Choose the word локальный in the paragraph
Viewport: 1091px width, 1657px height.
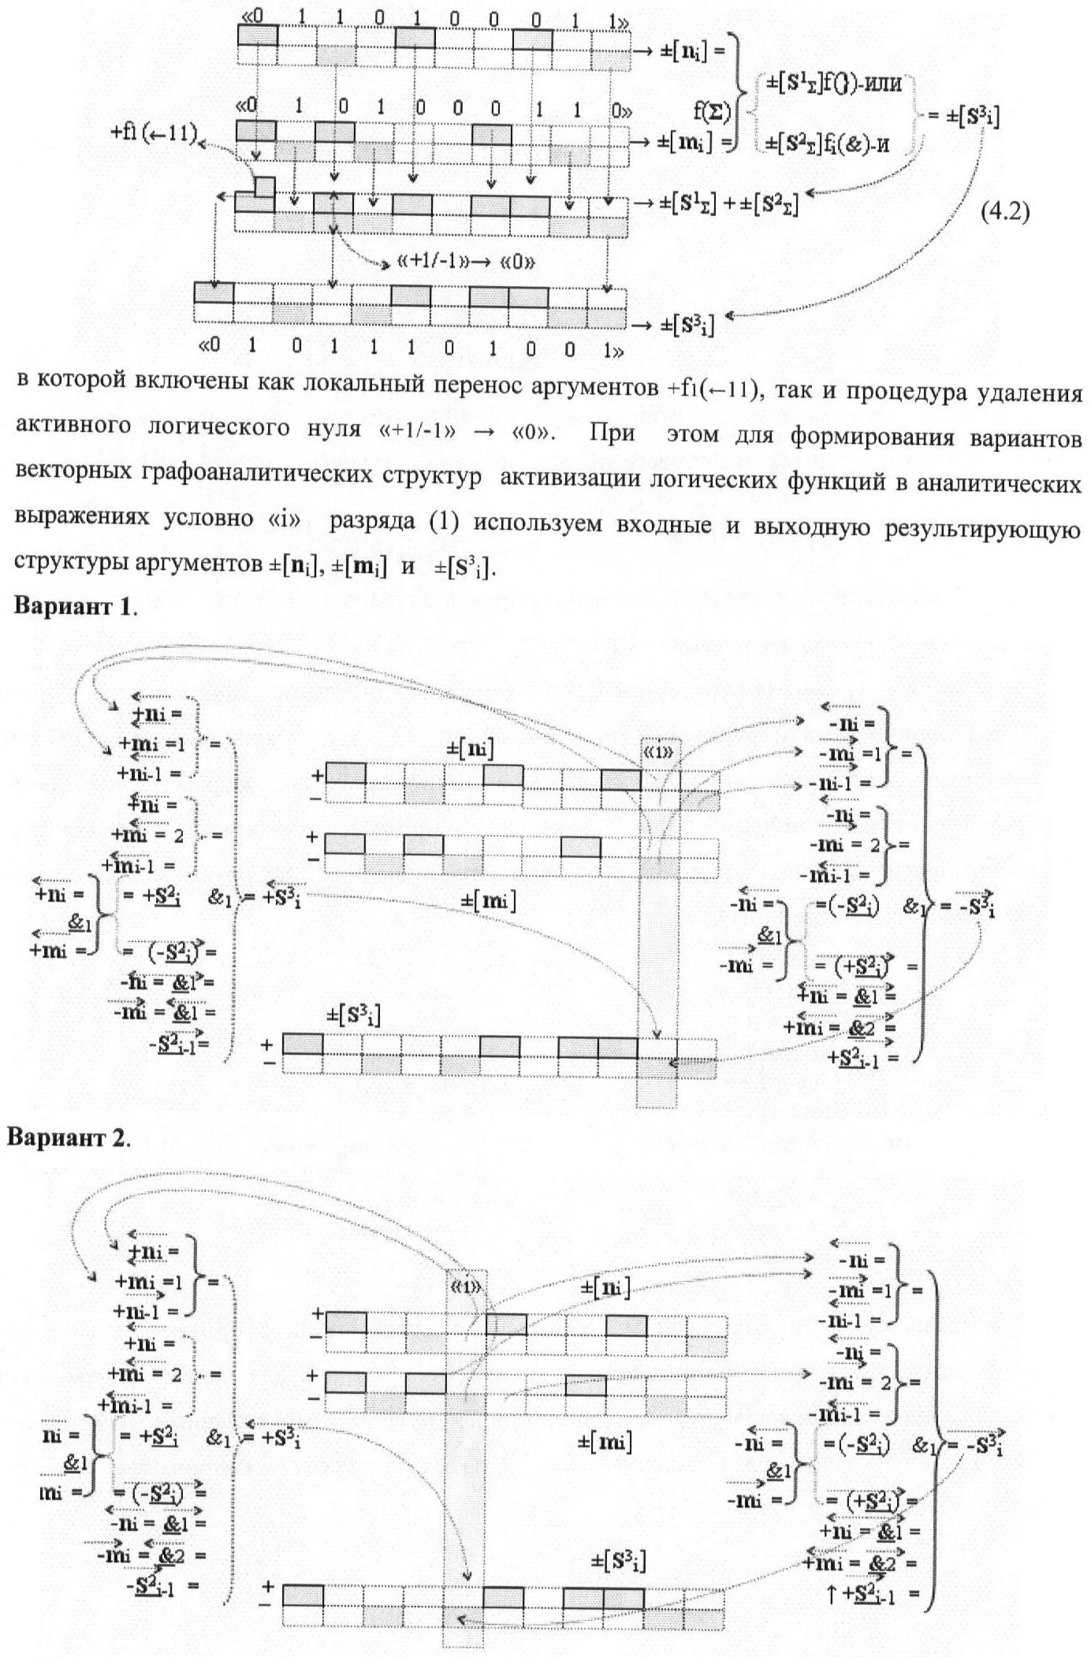(x=347, y=391)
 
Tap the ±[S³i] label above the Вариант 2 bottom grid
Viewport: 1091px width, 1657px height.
(x=619, y=1561)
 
